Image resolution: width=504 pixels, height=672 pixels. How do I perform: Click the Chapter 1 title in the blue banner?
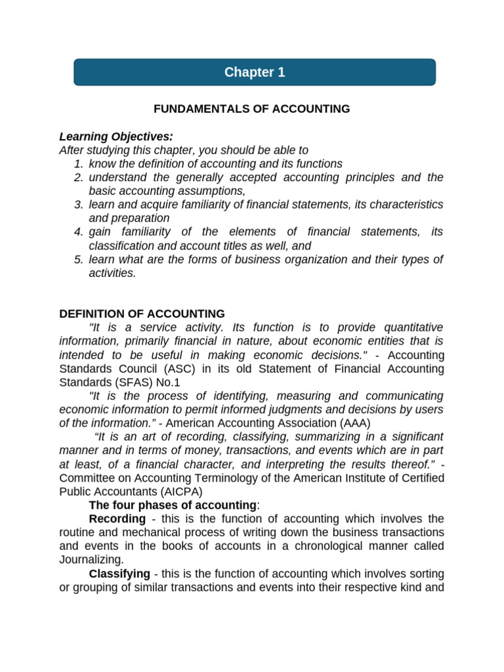click(255, 73)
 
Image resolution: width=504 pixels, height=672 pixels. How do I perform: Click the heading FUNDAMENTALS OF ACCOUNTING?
click(252, 109)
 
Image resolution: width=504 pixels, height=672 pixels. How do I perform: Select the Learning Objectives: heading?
click(116, 136)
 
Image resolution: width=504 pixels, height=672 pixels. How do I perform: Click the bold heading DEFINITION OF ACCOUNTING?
click(142, 314)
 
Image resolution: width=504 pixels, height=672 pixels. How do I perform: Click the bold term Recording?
click(117, 519)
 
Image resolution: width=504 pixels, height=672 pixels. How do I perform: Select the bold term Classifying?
click(119, 574)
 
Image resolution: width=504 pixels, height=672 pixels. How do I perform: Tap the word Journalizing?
click(91, 560)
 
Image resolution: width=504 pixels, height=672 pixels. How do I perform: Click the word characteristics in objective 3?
click(403, 205)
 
